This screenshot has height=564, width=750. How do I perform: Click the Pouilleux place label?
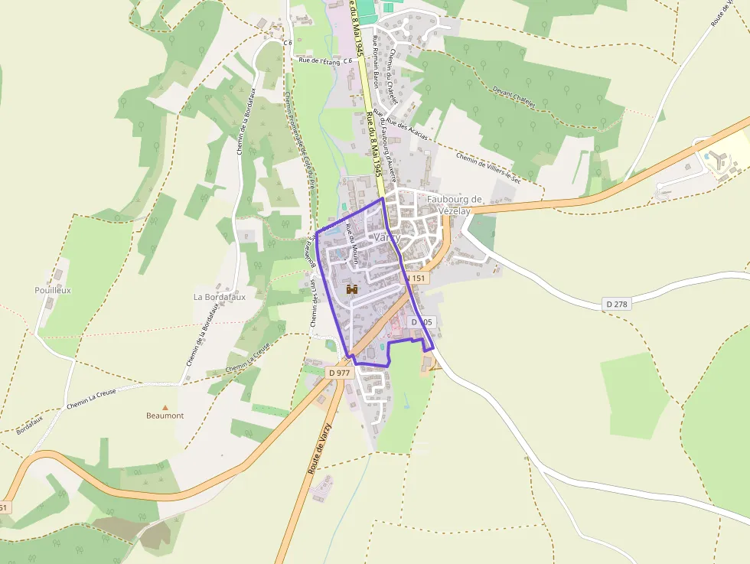53,290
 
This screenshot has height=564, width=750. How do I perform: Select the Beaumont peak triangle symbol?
165,407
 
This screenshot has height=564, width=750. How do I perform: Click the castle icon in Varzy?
353,289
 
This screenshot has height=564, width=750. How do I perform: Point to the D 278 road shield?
616,304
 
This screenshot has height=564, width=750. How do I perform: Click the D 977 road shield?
337,372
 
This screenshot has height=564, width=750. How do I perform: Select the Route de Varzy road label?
319,448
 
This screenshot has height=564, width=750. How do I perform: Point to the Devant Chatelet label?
514,96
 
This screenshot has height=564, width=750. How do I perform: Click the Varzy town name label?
386,237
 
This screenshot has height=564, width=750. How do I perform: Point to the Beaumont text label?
165,416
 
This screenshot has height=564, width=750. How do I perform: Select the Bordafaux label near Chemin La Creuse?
31,422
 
